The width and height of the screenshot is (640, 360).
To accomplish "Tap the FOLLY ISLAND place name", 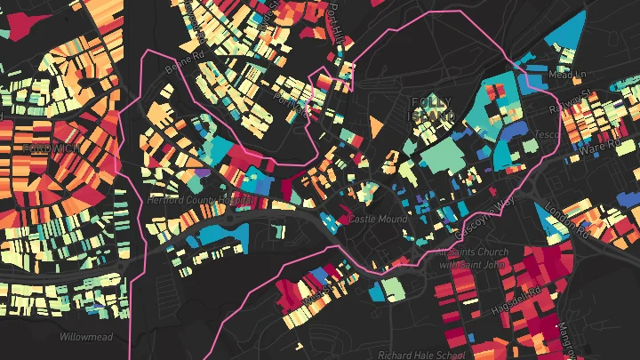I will [430, 110].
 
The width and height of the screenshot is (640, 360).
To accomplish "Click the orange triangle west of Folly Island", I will [377, 126].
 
